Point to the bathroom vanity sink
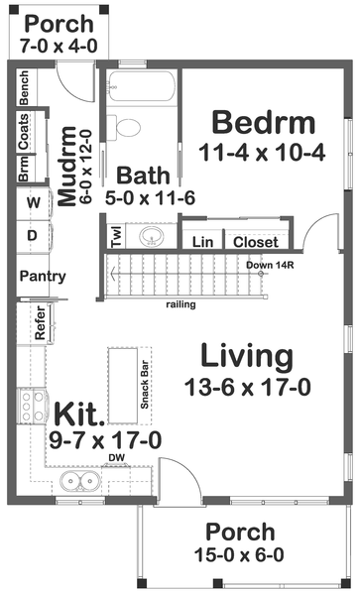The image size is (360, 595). point(151,236)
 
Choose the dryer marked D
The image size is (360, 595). point(32,236)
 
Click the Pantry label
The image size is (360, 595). point(43,277)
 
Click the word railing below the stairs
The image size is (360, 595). point(180,304)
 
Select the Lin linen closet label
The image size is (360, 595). point(202,241)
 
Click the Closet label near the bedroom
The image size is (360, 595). point(256,241)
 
